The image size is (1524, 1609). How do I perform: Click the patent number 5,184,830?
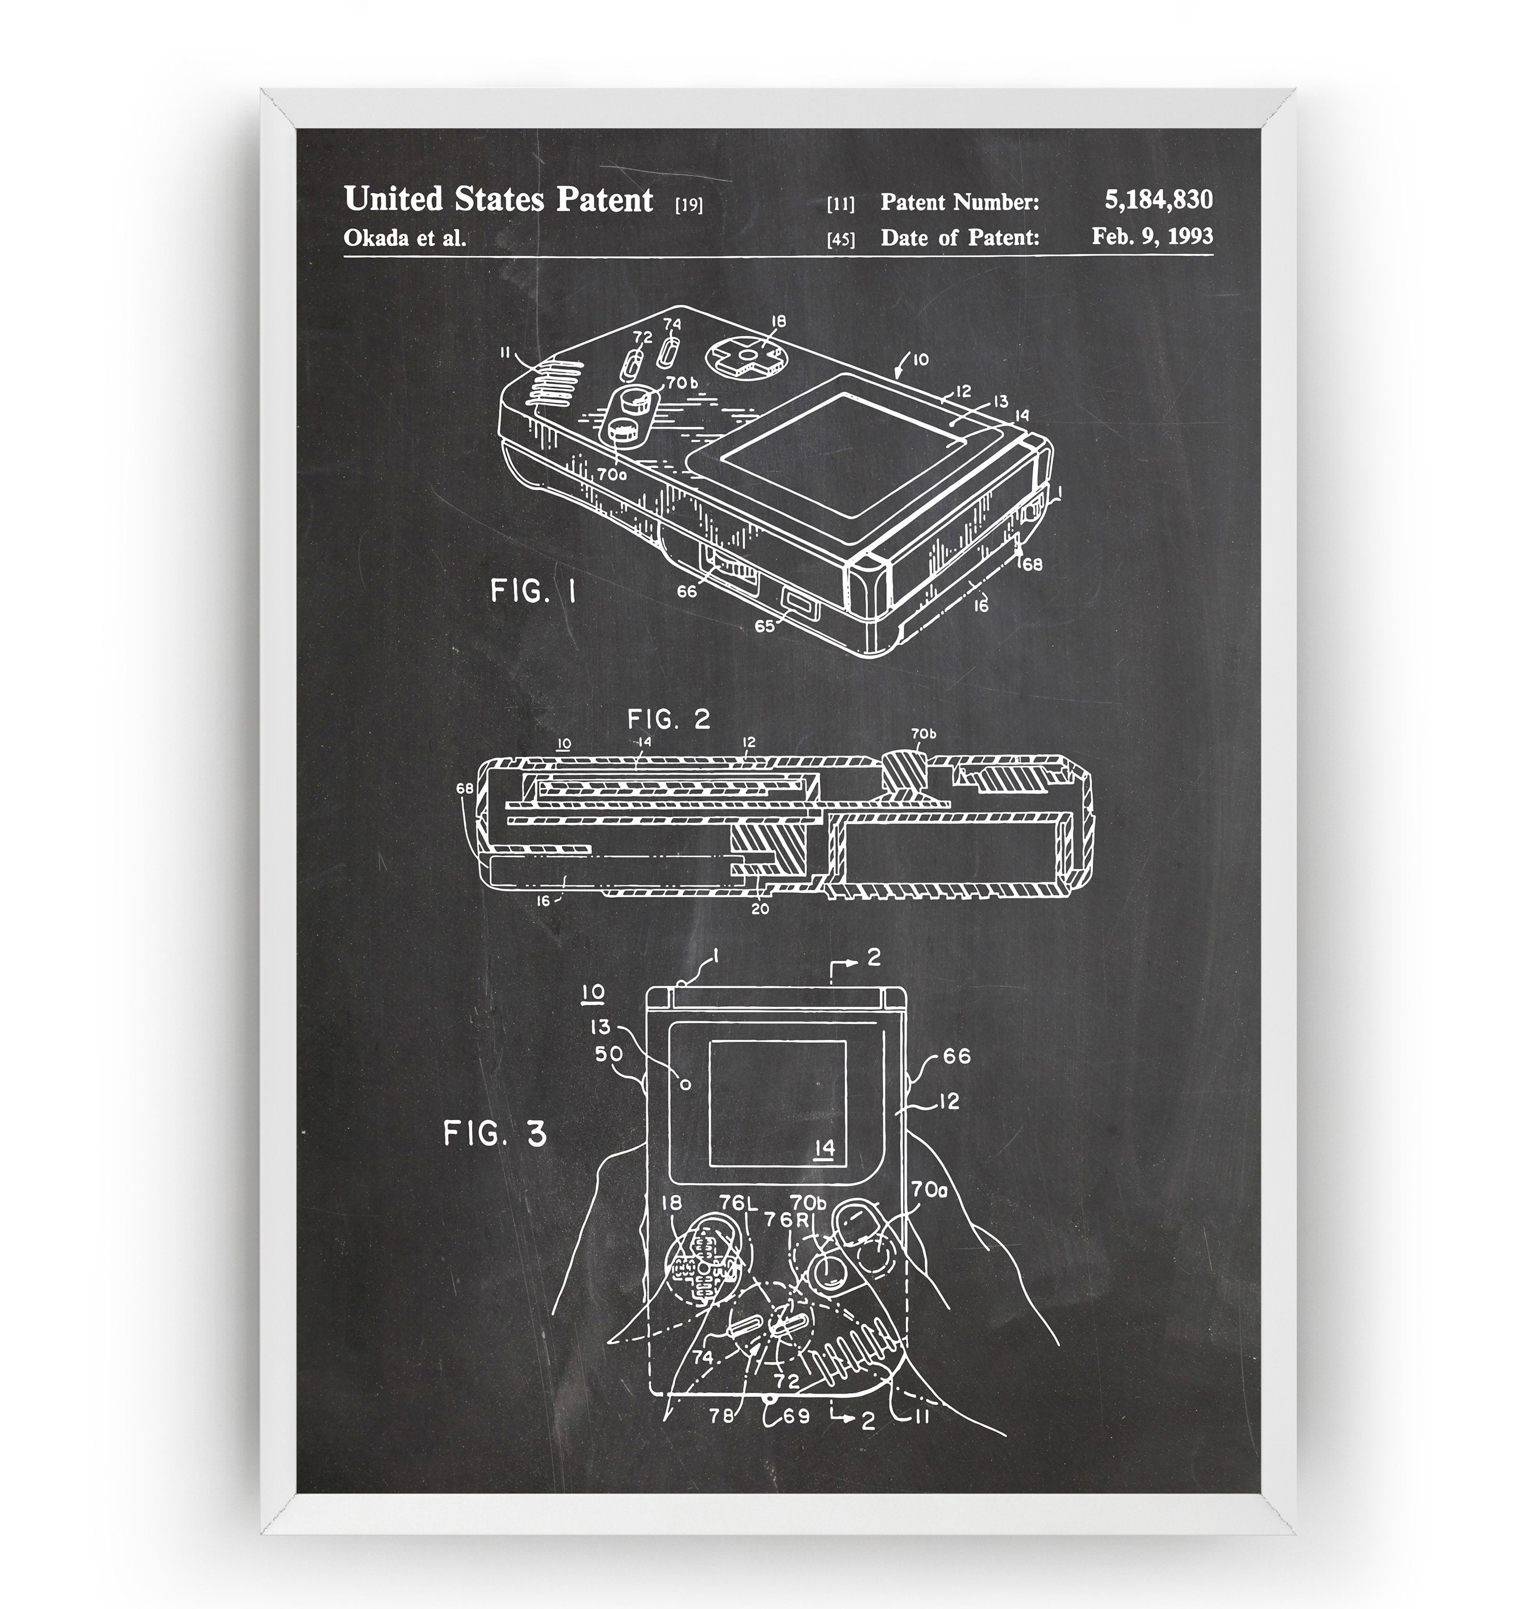point(1158,199)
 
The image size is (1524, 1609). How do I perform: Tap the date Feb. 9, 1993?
point(1152,236)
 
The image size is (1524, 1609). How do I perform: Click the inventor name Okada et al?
point(404,238)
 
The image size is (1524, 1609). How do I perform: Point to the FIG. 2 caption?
point(669,718)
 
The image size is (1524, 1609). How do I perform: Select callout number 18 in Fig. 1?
point(778,322)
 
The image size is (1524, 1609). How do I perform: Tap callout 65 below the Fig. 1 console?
point(765,626)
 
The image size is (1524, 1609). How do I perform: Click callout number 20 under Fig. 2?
point(759,909)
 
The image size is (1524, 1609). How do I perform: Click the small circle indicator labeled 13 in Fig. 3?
point(685,1083)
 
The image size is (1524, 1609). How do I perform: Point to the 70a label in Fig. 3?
point(929,1190)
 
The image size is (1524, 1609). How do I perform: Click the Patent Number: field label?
point(959,202)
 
